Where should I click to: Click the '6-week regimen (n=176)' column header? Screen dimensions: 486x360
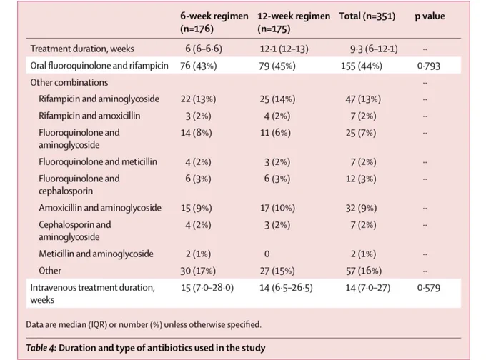pyautogui.click(x=214, y=22)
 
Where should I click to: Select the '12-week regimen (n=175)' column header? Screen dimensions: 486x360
pyautogui.click(x=294, y=22)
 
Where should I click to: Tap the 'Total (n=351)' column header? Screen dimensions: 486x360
pyautogui.click(x=367, y=16)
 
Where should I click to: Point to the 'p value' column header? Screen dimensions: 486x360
pyautogui.click(x=430, y=16)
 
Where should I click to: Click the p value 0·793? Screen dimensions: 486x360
pyautogui.click(x=429, y=66)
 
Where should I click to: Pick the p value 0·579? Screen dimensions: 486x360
pyautogui.click(x=429, y=288)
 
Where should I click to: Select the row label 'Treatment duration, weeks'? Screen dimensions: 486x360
pyautogui.click(x=82, y=49)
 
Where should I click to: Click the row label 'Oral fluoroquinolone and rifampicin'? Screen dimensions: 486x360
pyautogui.click(x=99, y=66)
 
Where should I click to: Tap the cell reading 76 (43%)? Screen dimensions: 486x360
pyautogui.click(x=199, y=66)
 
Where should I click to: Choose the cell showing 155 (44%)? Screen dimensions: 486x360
pyautogui.click(x=362, y=66)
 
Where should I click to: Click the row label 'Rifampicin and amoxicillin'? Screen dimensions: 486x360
pyautogui.click(x=89, y=116)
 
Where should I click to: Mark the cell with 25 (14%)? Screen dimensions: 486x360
pyautogui.click(x=277, y=99)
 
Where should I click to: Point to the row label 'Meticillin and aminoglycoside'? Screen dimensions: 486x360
pyautogui.click(x=96, y=254)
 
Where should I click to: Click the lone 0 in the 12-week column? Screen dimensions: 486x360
pyautogui.click(x=267, y=254)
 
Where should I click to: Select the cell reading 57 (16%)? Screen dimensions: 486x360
pyautogui.click(x=364, y=271)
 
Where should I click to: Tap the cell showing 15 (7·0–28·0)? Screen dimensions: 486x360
pyautogui.click(x=207, y=288)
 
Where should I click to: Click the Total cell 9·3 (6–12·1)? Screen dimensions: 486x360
pyautogui.click(x=374, y=49)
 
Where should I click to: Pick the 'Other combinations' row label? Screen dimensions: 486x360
pyautogui.click(x=69, y=82)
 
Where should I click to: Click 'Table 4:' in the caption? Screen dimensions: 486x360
pyautogui.click(x=41, y=348)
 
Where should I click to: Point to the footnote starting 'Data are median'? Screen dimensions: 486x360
pyautogui.click(x=144, y=325)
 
